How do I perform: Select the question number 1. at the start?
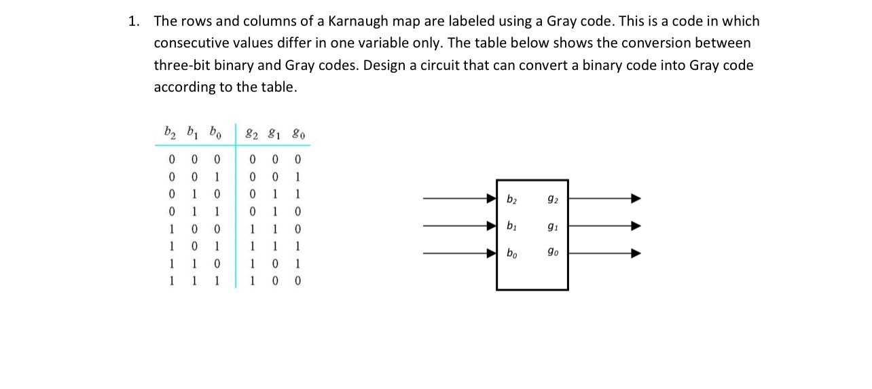(134, 21)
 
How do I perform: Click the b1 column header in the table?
(192, 131)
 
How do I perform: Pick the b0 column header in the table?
(215, 131)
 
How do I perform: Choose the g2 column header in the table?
(253, 132)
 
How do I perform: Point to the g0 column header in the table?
(297, 132)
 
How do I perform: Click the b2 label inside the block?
(512, 199)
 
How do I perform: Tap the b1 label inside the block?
(512, 226)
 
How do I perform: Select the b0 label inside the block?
(512, 254)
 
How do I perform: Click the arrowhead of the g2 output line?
(636, 199)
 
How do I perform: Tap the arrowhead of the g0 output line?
(636, 254)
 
